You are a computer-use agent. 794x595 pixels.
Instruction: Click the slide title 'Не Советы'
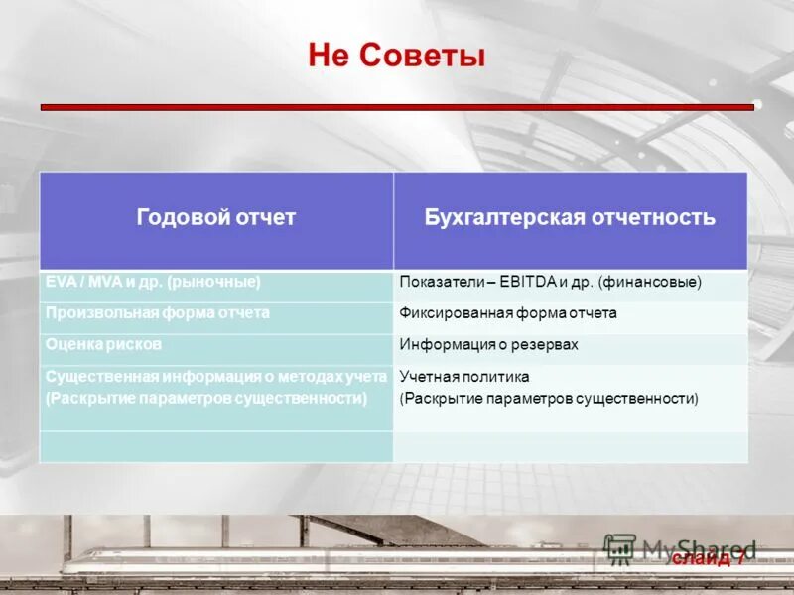click(397, 57)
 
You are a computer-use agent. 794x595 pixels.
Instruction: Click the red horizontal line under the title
click(397, 106)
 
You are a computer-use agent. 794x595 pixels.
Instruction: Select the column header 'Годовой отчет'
click(216, 218)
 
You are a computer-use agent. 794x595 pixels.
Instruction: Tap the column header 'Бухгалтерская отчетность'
click(570, 218)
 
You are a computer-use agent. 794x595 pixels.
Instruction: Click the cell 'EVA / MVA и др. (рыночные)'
click(153, 282)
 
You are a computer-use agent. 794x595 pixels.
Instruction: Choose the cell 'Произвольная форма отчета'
click(157, 312)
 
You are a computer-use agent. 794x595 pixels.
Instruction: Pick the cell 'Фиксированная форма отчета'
click(508, 313)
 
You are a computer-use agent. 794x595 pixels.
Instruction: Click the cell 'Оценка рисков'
click(103, 344)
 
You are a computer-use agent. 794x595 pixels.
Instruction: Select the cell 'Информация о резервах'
click(488, 345)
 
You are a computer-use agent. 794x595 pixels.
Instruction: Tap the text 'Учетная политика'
click(464, 377)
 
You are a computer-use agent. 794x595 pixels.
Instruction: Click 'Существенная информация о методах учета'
click(214, 377)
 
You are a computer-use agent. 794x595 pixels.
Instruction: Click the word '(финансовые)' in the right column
click(650, 283)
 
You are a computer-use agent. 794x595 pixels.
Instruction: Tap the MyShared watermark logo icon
click(620, 549)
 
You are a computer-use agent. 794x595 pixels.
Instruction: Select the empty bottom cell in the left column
click(216, 446)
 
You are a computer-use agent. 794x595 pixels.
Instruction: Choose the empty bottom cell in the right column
click(570, 446)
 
